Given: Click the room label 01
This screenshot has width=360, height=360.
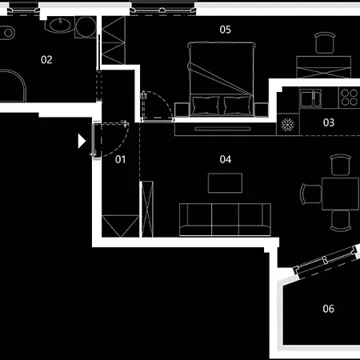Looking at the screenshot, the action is (120, 159).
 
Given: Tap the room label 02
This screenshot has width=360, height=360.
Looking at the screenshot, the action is (46, 60).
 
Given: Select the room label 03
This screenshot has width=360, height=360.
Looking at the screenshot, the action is (329, 122).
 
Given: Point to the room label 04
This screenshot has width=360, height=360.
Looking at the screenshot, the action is (226, 159).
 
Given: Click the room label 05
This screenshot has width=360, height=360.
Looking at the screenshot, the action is (226, 30).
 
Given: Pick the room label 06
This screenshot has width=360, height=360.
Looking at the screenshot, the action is (328, 309).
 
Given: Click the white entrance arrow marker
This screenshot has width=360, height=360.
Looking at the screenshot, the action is (82, 141).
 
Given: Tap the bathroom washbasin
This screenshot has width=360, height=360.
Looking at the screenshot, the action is (60, 25).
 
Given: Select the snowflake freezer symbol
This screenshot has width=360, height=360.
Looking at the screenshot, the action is (287, 125).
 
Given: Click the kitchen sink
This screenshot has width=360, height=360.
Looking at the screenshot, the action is (311, 98).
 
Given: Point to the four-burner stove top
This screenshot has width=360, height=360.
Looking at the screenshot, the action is (350, 98).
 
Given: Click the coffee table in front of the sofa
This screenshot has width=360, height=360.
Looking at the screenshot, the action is (225, 183).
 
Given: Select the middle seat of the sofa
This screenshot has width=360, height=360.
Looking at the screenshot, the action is (225, 220).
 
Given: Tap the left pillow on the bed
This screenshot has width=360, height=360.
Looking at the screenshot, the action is (206, 106).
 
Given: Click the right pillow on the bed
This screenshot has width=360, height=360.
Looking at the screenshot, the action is (238, 106).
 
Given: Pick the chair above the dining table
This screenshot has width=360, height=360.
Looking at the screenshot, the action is (341, 165).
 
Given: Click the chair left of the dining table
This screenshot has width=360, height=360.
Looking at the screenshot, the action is (311, 194).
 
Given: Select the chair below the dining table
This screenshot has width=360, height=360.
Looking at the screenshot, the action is (341, 221).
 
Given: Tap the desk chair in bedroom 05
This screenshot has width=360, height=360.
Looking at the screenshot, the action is (325, 43).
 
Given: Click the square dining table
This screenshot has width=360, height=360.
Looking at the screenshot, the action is (341, 194).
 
